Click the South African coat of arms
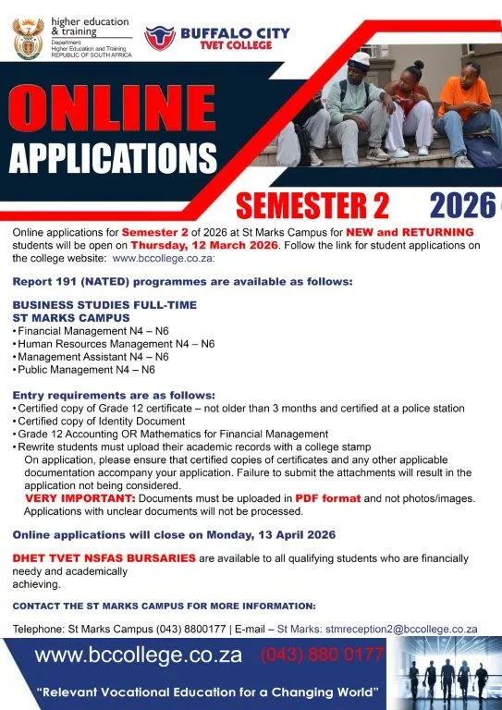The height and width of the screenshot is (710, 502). point(27,38)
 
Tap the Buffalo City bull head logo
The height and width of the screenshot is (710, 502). point(159,38)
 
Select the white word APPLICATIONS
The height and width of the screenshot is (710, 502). point(114,158)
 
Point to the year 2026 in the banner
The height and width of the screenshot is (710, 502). point(463,204)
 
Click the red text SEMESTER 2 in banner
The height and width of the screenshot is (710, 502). point(312,204)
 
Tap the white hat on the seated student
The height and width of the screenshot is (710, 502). point(360,59)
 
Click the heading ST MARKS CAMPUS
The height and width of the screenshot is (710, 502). point(65,316)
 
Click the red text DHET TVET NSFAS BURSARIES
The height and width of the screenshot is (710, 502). point(104,558)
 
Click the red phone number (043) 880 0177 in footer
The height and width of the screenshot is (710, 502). point(322,655)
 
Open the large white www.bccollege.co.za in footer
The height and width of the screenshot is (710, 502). point(139,656)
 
